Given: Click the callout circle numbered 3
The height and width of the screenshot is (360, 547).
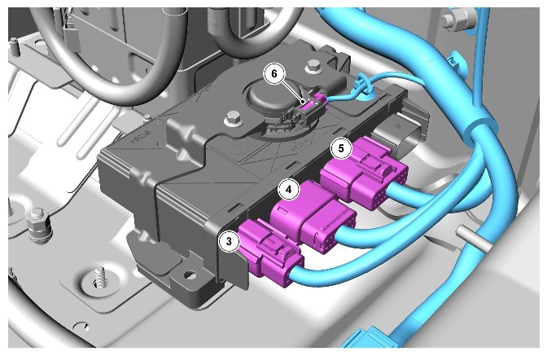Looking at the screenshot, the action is click(229, 241).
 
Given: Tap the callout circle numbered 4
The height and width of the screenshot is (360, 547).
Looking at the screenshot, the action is click(288, 190).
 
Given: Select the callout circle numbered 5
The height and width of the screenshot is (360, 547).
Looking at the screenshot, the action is click(341, 148).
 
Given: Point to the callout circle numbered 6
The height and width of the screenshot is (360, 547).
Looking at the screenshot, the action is click(274, 73).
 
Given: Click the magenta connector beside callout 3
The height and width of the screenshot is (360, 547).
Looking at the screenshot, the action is click(270, 254).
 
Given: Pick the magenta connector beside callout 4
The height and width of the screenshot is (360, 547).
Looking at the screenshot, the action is click(313, 216).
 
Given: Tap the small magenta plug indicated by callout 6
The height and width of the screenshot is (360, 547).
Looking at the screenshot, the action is click(320, 100).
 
